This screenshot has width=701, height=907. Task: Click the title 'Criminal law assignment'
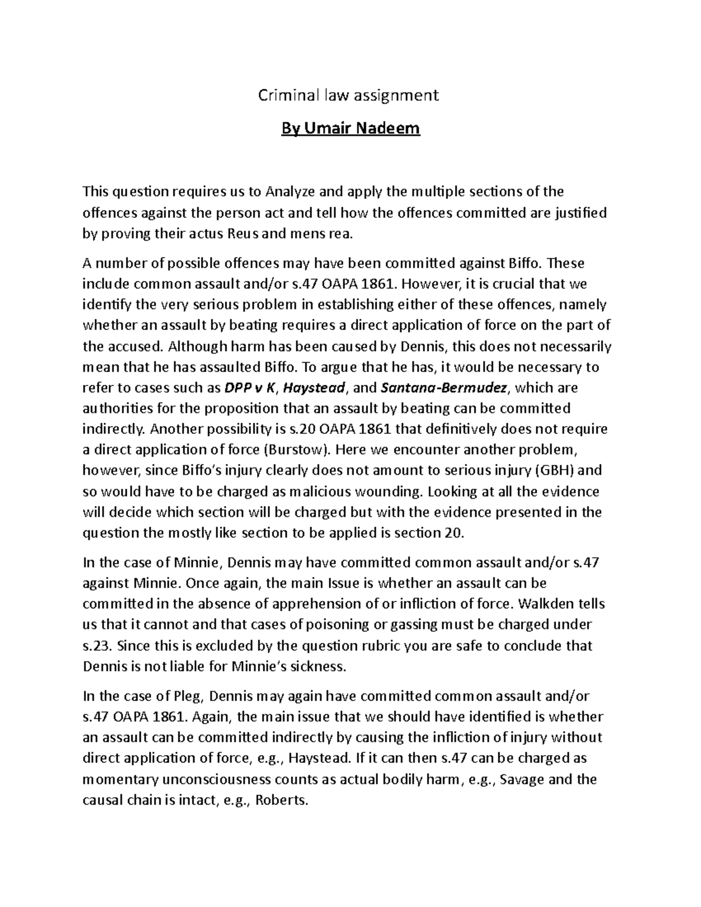coord(349,95)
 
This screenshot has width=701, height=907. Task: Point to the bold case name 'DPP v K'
coord(246,388)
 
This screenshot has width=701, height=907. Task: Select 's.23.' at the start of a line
coord(98,645)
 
